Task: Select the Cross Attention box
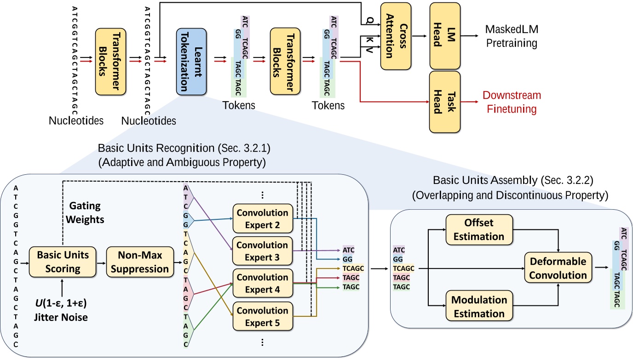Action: click(x=394, y=35)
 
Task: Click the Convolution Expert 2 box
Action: click(x=262, y=218)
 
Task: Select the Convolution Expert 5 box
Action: click(x=262, y=316)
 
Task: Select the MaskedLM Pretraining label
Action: click(x=512, y=37)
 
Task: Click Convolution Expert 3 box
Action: click(x=262, y=251)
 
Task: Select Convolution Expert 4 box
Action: click(x=262, y=284)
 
